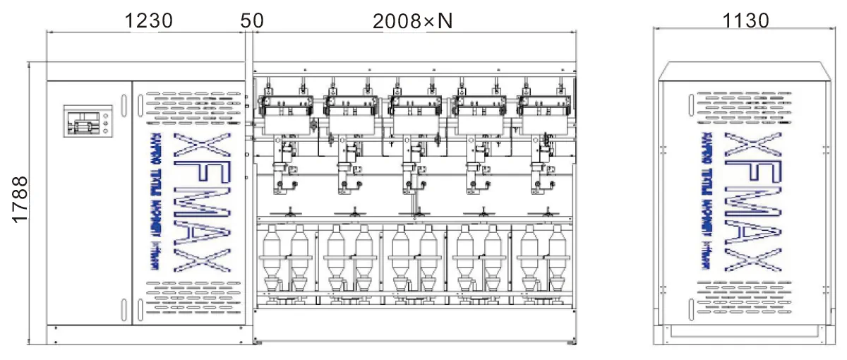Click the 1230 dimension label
(x=148, y=21)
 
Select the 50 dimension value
(x=252, y=21)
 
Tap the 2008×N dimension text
(x=412, y=21)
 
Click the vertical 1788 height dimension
(x=20, y=200)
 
